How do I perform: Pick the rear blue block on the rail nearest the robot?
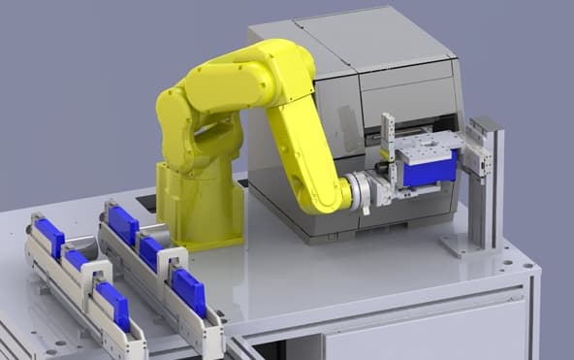tap(123, 224)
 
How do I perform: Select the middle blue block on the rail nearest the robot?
tap(152, 253)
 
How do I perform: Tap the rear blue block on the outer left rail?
tap(49, 237)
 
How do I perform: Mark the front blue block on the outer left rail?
tap(113, 302)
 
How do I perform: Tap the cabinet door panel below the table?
tap(417, 335)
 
